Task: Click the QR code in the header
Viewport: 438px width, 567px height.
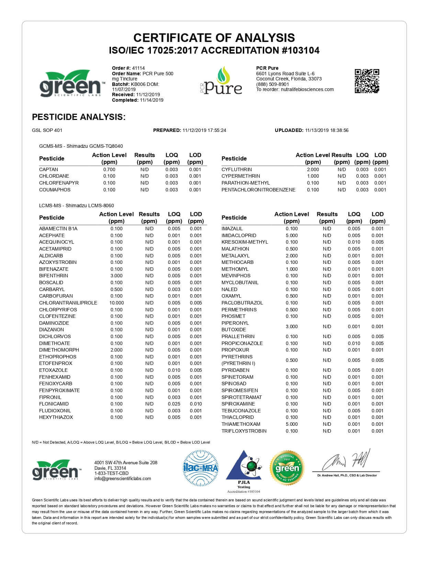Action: pyautogui.click(x=367, y=81)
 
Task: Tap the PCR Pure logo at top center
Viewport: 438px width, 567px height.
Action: pyautogui.click(x=222, y=81)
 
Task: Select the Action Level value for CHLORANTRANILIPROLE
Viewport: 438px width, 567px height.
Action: pyautogui.click(x=116, y=303)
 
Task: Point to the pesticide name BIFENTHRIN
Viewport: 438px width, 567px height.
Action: pyautogui.click(x=54, y=276)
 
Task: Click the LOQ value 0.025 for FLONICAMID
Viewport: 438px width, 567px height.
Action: pyautogui.click(x=174, y=404)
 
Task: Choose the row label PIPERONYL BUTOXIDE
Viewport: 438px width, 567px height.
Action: pyautogui.click(x=235, y=326)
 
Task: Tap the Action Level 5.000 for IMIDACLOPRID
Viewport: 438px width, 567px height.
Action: pyautogui.click(x=292, y=235)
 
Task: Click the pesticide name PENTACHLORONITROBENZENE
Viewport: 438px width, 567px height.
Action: pyautogui.click(x=258, y=190)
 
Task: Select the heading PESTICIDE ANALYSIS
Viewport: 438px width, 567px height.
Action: pyautogui.click(x=79, y=117)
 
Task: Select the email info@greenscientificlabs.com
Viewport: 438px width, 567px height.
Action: pyautogui.click(x=123, y=479)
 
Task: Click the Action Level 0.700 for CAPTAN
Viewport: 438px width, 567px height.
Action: pyautogui.click(x=109, y=169)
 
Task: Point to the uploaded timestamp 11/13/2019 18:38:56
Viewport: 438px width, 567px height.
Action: pyautogui.click(x=327, y=130)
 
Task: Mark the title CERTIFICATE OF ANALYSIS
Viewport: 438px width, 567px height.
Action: pyautogui.click(x=214, y=37)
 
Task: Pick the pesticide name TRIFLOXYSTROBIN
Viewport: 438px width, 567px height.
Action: pyautogui.click(x=244, y=431)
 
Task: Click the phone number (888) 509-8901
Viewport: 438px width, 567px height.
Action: pyautogui.click(x=272, y=84)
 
